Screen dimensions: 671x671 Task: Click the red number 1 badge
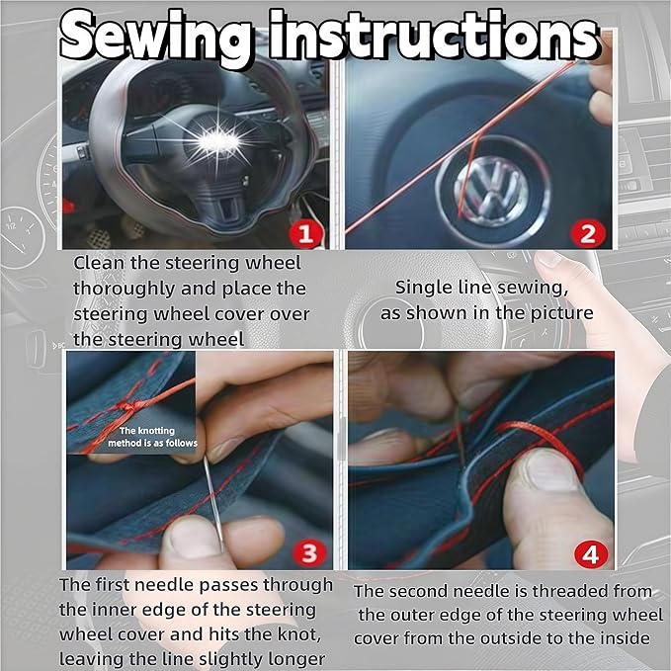coord(305,234)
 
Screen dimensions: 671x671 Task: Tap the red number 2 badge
coord(588,234)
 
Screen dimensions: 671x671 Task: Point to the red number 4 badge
coord(591,554)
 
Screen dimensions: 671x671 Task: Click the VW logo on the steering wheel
coord(493,190)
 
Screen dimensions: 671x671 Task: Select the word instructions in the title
coord(433,36)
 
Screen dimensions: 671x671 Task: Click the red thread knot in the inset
coord(129,406)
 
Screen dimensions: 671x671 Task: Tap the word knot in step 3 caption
coord(298,633)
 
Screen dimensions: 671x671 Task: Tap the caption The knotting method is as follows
coord(152,437)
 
